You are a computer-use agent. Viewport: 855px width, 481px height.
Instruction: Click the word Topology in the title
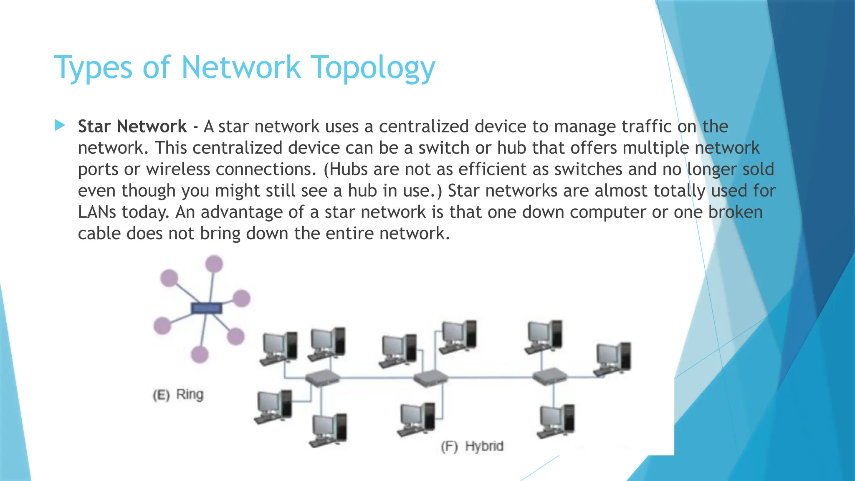[x=374, y=68]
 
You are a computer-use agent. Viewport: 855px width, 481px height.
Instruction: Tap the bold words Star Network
[x=132, y=127]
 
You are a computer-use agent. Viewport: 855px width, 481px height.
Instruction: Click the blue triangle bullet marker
[x=60, y=125]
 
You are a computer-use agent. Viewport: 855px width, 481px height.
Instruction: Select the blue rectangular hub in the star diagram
[x=206, y=309]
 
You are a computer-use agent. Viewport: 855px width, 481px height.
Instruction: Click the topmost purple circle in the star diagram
[x=214, y=264]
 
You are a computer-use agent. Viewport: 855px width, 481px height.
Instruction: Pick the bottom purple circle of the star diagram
[x=200, y=354]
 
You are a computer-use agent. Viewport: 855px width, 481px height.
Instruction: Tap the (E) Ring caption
[x=178, y=395]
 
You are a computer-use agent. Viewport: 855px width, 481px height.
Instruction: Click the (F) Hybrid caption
[x=472, y=446]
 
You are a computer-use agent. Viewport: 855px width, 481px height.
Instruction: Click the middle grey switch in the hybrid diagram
[x=430, y=377]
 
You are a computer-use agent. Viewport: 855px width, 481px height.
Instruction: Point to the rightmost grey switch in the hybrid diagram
[x=550, y=376]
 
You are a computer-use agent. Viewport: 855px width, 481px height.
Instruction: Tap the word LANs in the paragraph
[x=97, y=212]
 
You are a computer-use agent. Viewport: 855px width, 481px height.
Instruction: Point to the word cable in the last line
[x=99, y=233]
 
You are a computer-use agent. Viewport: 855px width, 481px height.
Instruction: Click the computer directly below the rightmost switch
[x=556, y=421]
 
